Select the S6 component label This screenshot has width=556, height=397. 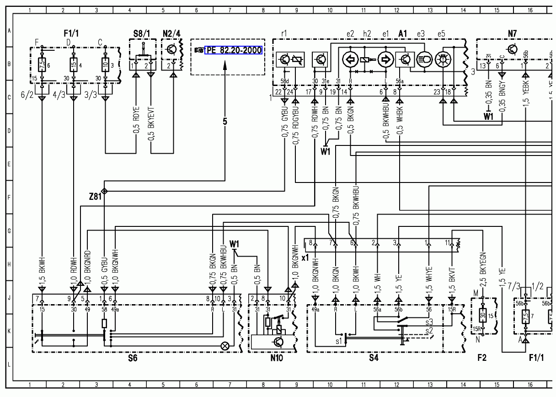coord(133,358)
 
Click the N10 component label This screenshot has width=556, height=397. coord(277,358)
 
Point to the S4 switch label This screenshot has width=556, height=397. coord(374,358)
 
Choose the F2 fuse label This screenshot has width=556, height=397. coord(482,358)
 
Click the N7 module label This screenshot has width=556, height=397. coord(512,33)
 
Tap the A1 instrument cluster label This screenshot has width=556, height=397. coord(402,33)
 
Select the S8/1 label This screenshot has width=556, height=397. coord(141,33)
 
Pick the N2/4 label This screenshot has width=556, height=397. coord(172,33)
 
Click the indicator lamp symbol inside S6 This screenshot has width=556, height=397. coord(225,346)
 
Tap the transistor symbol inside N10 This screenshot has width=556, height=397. coord(278,342)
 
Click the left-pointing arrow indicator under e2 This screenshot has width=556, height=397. coord(351,60)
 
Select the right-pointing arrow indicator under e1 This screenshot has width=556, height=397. coord(385,60)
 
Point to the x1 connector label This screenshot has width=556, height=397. coord(305,258)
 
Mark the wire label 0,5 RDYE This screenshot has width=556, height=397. coord(136,122)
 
